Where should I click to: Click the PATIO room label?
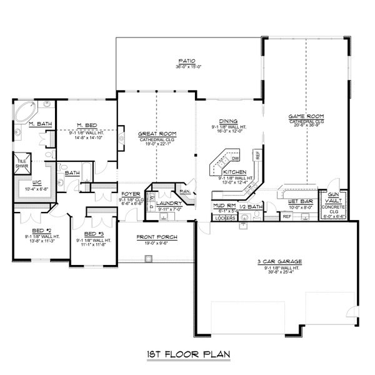click(x=187, y=61)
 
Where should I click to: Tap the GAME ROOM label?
click(x=305, y=116)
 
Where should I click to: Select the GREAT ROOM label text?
click(x=156, y=134)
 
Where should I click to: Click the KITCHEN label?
click(x=234, y=172)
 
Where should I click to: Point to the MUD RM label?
click(x=223, y=206)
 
